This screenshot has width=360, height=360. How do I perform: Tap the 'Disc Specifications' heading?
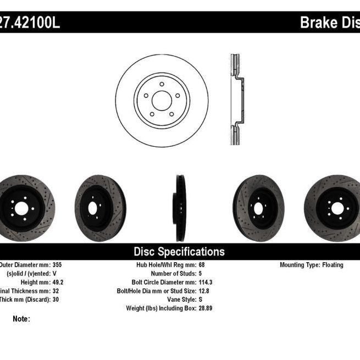[179, 252]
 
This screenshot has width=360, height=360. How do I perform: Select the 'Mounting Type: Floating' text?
[311, 265]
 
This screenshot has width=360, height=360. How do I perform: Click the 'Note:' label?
[21, 319]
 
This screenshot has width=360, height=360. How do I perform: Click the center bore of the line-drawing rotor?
[162, 101]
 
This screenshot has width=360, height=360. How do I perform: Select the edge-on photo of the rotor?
[180, 208]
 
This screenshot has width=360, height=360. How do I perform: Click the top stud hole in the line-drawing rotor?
[162, 85]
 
